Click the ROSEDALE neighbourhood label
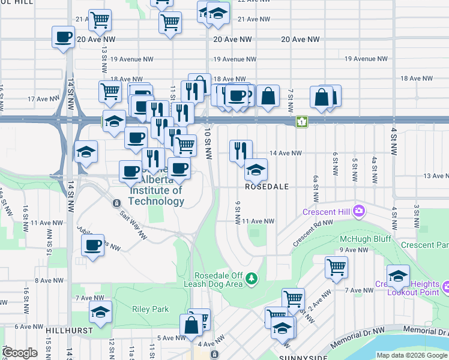(x=267, y=187)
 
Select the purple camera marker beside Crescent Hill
(x=360, y=210)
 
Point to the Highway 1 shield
(x=301, y=122)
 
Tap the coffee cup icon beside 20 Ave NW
(x=63, y=38)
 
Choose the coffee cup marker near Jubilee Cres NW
(x=93, y=245)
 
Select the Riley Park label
(x=150, y=309)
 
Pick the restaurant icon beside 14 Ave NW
(x=241, y=150)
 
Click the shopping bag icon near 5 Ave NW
(x=191, y=326)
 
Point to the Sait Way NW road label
(x=133, y=218)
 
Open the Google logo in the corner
(x=20, y=353)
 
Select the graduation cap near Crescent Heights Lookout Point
(x=398, y=276)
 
